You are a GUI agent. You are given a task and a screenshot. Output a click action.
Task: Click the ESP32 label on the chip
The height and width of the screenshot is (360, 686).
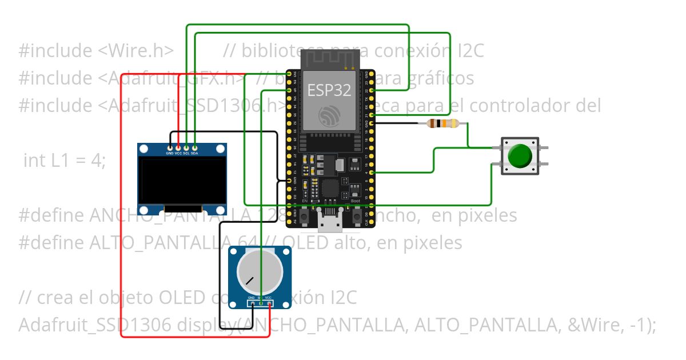(x=329, y=90)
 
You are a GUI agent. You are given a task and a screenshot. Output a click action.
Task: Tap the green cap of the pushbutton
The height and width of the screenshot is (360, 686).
(x=520, y=155)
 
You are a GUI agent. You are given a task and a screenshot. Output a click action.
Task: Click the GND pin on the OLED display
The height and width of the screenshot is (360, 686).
(x=170, y=147)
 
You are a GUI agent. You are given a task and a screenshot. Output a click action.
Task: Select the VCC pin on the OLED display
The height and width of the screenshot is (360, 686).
(x=178, y=147)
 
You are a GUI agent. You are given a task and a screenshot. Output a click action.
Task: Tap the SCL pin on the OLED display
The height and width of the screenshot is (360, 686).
(x=186, y=147)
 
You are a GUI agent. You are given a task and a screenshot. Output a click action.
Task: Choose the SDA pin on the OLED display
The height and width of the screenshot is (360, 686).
(x=195, y=147)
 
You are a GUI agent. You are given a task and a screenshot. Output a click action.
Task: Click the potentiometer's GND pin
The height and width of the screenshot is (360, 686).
(x=252, y=303)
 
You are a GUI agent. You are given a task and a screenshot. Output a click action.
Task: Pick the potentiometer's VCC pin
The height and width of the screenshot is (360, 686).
(x=268, y=303)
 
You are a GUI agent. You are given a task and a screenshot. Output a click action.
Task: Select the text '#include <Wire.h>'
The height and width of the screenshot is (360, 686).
(x=96, y=51)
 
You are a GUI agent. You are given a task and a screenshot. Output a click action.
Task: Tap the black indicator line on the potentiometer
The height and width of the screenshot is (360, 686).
(x=249, y=281)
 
